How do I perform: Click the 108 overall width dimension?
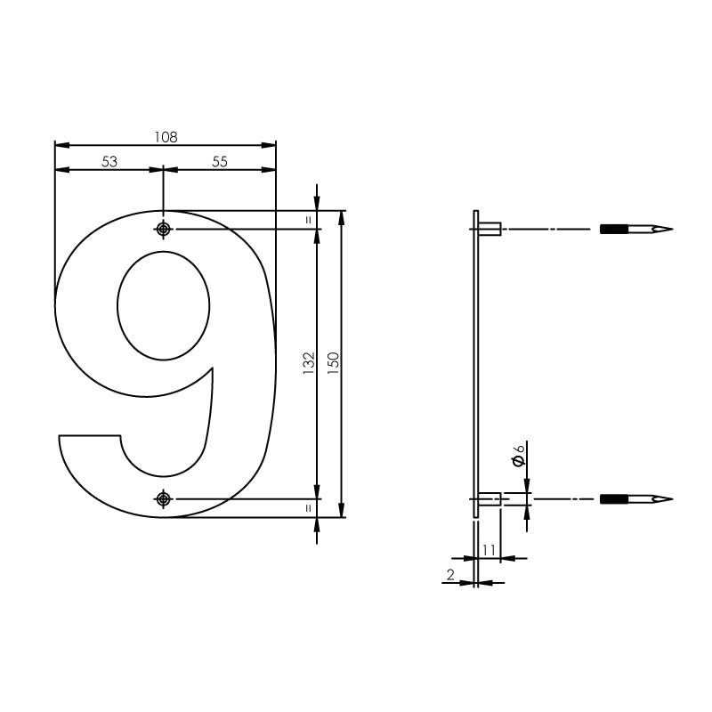pyautogui.click(x=166, y=137)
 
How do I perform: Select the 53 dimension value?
pyautogui.click(x=109, y=161)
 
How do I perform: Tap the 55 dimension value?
pyautogui.click(x=220, y=161)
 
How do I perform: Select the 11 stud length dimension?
pyautogui.click(x=488, y=549)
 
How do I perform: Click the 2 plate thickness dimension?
pyautogui.click(x=450, y=575)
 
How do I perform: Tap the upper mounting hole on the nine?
pyautogui.click(x=162, y=229)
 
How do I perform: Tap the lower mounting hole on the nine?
pyautogui.click(x=162, y=499)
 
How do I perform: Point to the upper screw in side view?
pyautogui.click(x=636, y=229)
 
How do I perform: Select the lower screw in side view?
pyautogui.click(x=636, y=499)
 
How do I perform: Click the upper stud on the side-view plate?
pyautogui.click(x=490, y=229)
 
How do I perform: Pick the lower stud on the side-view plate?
pyautogui.click(x=490, y=499)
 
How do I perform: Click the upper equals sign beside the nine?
pyautogui.click(x=309, y=219)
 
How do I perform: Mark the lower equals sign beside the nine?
pyautogui.click(x=309, y=508)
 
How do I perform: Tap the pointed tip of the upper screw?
pyautogui.click(x=669, y=229)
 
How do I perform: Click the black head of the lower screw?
pyautogui.click(x=614, y=499)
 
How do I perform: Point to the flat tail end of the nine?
pyautogui.click(x=89, y=436)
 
